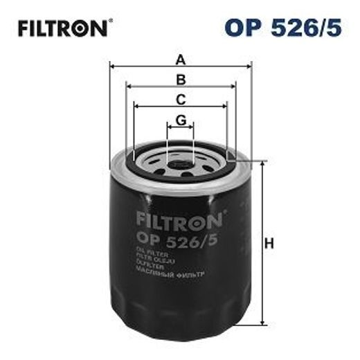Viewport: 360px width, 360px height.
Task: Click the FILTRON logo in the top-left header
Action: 62,29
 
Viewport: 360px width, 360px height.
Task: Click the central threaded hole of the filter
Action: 181,165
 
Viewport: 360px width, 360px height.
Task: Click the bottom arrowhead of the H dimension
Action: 263,322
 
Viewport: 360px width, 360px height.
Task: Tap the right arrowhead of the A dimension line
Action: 250,68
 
